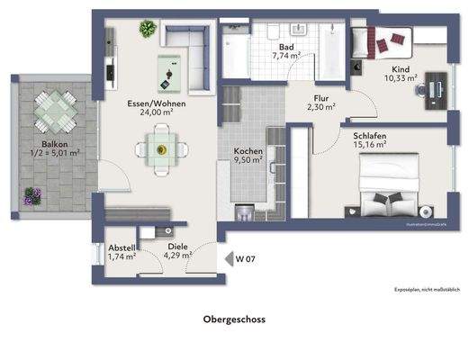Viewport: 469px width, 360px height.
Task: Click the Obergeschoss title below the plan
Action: click(233, 318)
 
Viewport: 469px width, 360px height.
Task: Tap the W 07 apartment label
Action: click(246, 259)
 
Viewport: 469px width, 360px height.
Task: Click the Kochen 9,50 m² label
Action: click(248, 156)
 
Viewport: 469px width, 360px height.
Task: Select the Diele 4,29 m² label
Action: click(178, 250)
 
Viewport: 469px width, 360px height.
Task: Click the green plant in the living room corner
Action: click(145, 29)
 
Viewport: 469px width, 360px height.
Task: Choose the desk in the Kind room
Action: click(436, 87)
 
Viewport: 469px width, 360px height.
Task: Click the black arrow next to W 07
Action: click(228, 259)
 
